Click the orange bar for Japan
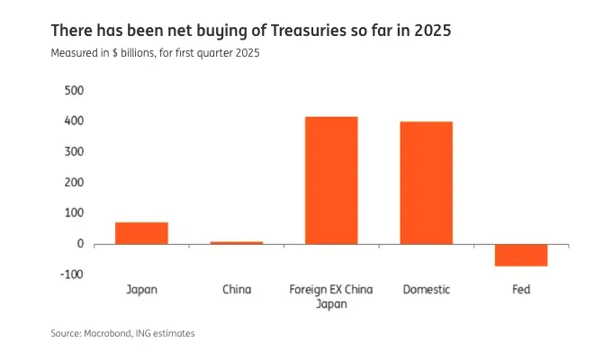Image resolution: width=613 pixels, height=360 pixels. pos(141,233)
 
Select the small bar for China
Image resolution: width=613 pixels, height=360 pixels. pos(237,242)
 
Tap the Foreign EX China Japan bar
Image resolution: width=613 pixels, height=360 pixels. pos(331,180)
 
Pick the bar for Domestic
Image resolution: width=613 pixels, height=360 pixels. pos(426,183)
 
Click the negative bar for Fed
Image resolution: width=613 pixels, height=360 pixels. pos(521,255)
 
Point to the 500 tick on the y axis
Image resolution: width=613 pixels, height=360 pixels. pos(74,91)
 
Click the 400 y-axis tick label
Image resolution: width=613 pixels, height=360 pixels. pos(74,121)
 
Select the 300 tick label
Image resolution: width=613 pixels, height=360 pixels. pos(74,152)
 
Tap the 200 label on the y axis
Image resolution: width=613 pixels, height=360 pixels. pos(74,183)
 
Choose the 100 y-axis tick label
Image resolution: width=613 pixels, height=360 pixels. pos(74,213)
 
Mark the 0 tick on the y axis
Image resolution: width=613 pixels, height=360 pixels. pos(80,244)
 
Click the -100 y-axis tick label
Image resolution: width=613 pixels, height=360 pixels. pos(72,274)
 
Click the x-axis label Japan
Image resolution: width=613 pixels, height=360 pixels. pos(141,290)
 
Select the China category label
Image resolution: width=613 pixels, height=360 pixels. pos(237,290)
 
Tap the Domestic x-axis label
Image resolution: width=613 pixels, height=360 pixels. pos(426,290)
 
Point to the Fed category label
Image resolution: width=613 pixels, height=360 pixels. pos(521,290)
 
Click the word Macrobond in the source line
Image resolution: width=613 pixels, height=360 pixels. pos(106,333)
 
